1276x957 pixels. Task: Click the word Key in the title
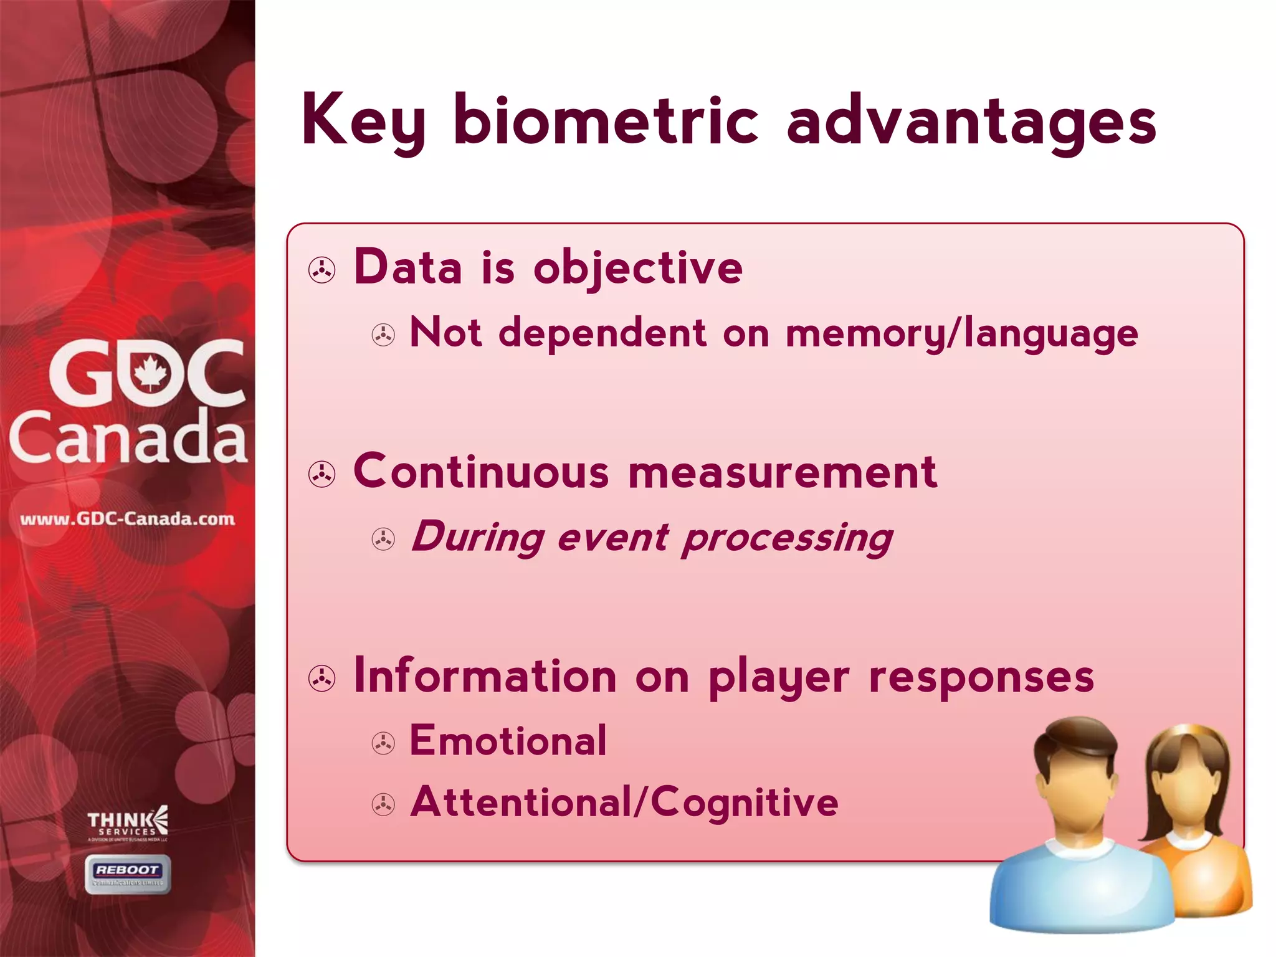(x=363, y=121)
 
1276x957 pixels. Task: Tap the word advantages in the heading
(x=971, y=121)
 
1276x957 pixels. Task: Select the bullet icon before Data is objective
(x=322, y=270)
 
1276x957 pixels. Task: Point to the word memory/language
(x=961, y=334)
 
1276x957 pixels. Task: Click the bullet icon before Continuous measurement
(x=322, y=474)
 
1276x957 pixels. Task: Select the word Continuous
(x=480, y=472)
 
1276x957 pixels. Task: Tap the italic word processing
(x=787, y=538)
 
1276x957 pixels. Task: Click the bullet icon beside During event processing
(x=383, y=539)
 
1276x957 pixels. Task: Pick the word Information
(x=485, y=676)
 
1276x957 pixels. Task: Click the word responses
(x=981, y=677)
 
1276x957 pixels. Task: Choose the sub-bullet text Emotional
(x=508, y=741)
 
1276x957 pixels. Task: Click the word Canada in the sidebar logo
(x=128, y=437)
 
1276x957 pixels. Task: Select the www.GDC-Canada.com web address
(x=128, y=519)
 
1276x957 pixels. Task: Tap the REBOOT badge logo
(x=128, y=874)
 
